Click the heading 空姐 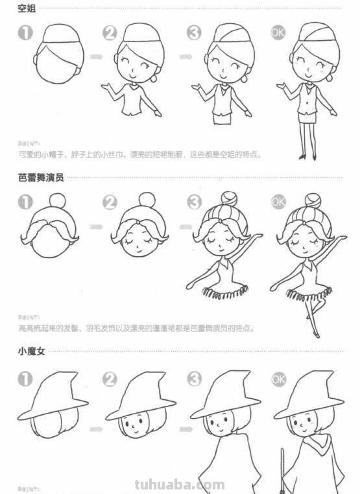(x=27, y=8)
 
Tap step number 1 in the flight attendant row (x=25, y=32)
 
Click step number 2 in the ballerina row (x=110, y=202)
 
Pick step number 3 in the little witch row (x=194, y=379)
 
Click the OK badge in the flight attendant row (x=278, y=32)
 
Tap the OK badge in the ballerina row (x=278, y=202)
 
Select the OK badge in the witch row (x=278, y=379)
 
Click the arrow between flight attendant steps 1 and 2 (x=96, y=57)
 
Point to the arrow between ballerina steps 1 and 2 (x=96, y=226)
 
